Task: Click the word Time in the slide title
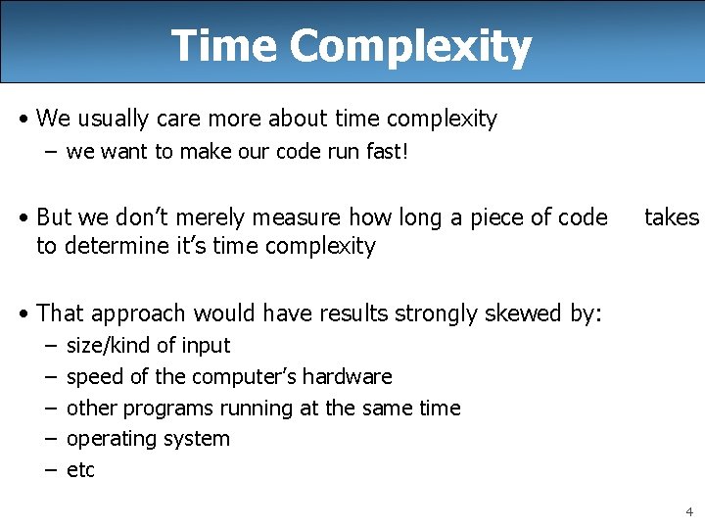[224, 46]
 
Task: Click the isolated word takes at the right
[671, 217]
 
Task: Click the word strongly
[436, 313]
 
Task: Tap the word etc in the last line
[80, 471]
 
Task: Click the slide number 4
[689, 511]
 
